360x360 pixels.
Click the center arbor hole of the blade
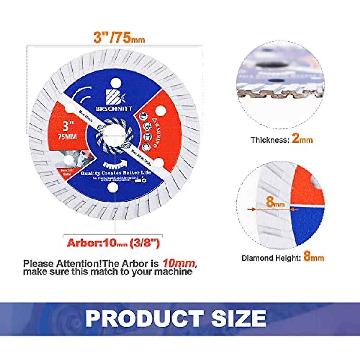[114, 135]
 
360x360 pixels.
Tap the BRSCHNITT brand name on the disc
[118, 109]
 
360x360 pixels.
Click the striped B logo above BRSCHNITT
[115, 96]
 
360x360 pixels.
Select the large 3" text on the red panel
[68, 125]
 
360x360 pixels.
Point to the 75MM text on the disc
[67, 136]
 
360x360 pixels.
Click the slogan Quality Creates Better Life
[115, 173]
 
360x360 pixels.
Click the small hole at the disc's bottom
[113, 187]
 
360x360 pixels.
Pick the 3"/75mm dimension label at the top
[119, 38]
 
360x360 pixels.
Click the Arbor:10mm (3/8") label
[113, 243]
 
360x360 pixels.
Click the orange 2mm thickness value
[302, 139]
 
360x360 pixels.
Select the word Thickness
[269, 140]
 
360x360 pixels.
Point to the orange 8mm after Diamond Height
[313, 257]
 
